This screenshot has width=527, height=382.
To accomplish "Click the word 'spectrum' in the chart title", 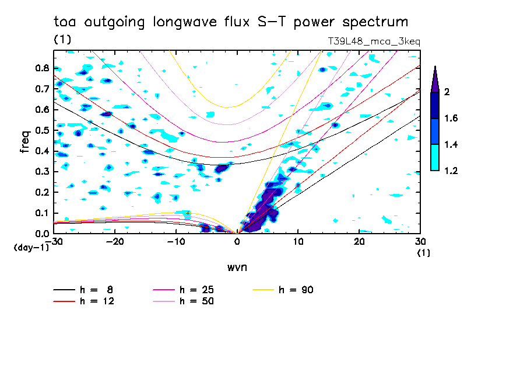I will pos(378,23).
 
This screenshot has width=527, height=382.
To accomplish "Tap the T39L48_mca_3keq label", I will pos(374,41).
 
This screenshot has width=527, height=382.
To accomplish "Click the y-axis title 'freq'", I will pos(24,142).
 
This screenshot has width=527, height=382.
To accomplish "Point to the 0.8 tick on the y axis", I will pos(41,68).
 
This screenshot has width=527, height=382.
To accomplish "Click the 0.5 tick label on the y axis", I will pos(41,130).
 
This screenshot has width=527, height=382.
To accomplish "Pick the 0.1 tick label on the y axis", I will pos(41,213).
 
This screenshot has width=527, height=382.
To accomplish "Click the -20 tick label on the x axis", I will pos(115,241).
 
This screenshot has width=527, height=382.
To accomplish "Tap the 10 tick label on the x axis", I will pos(298,241).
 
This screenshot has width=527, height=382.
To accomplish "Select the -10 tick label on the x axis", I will pos(175,241).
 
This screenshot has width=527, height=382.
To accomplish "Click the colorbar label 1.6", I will pos(451,119).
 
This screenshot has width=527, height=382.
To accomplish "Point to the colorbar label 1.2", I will pos(451,171).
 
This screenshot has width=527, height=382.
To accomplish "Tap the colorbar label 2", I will pos(447,92).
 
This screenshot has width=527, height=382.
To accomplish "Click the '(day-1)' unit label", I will pos(31,248).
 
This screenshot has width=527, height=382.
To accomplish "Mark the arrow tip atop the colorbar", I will pos(435,67).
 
